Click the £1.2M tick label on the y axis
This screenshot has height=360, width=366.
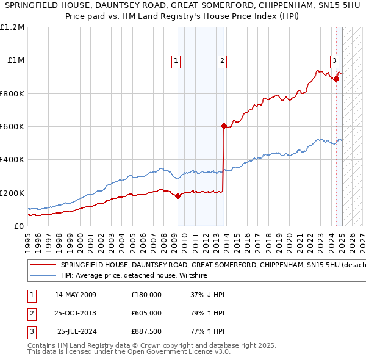coord(12,27)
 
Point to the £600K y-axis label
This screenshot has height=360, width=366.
coord(12,127)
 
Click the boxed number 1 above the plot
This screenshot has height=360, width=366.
coord(176,60)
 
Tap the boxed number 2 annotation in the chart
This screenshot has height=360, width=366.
coord(222,60)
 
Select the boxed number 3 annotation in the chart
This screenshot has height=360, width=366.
coord(335,60)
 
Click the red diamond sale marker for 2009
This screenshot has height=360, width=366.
coord(178,196)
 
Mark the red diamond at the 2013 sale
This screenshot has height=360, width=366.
coord(224,126)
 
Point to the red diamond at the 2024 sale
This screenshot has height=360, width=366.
coord(336,79)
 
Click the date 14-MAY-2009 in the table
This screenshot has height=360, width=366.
coord(76,295)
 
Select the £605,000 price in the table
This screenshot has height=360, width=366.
coord(146,313)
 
